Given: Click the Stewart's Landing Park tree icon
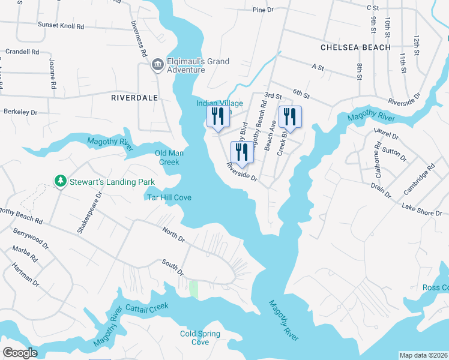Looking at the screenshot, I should [x=59, y=181].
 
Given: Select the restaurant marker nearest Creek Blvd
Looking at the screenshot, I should [x=289, y=118].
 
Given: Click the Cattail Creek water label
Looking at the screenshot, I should [x=147, y=307].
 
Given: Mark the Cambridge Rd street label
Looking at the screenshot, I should [x=418, y=180].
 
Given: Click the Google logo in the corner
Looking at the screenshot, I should [x=20, y=353].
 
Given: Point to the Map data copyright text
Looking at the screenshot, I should [x=423, y=355].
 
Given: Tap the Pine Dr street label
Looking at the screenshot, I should [x=263, y=10].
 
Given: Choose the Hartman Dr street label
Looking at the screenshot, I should [x=28, y=275].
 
